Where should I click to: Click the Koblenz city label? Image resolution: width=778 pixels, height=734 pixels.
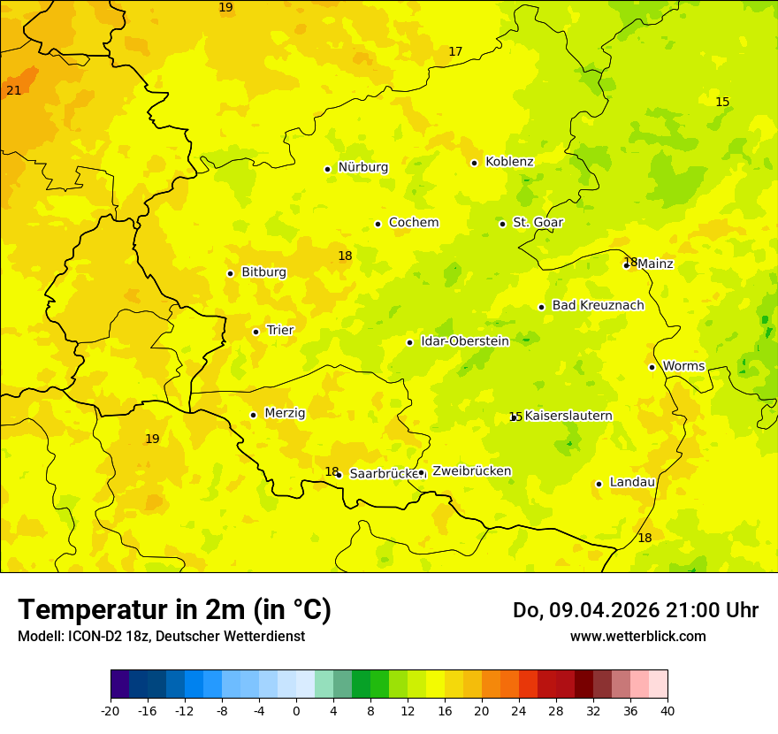click(x=509, y=162)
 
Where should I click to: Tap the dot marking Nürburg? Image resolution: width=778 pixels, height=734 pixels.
click(x=327, y=169)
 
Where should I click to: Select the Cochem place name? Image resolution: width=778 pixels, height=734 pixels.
click(x=414, y=223)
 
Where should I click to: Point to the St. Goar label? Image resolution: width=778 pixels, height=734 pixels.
click(x=538, y=223)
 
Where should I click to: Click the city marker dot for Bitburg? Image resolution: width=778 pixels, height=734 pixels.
click(x=230, y=273)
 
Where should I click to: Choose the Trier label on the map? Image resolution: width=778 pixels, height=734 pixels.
click(x=280, y=331)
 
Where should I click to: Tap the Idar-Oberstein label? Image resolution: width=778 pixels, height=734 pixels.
click(x=465, y=341)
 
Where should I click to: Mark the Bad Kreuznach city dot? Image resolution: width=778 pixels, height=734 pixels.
click(x=541, y=307)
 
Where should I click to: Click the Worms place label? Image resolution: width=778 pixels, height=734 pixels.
click(x=683, y=366)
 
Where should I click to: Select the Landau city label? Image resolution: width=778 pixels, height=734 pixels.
click(x=632, y=483)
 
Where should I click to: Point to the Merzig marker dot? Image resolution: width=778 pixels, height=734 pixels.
click(x=253, y=415)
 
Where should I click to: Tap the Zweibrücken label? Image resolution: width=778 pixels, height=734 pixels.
click(x=471, y=471)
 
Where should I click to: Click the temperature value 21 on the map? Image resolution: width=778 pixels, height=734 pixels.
click(x=14, y=90)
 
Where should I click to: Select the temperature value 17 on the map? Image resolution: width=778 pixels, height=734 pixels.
click(x=455, y=52)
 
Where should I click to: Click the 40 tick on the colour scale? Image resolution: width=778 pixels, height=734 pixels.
click(x=667, y=711)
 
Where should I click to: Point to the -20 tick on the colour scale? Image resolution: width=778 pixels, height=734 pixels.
click(x=111, y=711)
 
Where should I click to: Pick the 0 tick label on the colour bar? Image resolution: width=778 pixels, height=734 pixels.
click(x=296, y=711)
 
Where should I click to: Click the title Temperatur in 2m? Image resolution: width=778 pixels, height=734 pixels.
click(x=174, y=610)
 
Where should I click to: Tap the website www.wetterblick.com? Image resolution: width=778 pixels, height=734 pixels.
click(x=637, y=637)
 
